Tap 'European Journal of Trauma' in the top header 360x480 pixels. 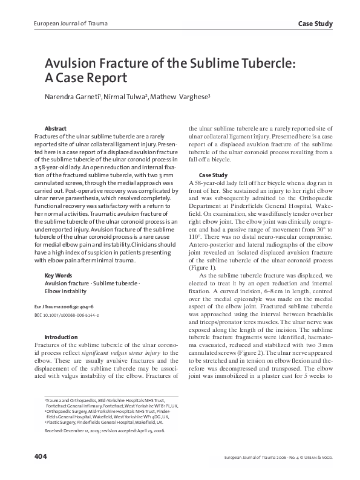[58, 24]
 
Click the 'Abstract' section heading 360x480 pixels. [56, 129]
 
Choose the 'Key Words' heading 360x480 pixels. [58, 275]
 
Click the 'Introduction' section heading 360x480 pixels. [61, 336]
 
